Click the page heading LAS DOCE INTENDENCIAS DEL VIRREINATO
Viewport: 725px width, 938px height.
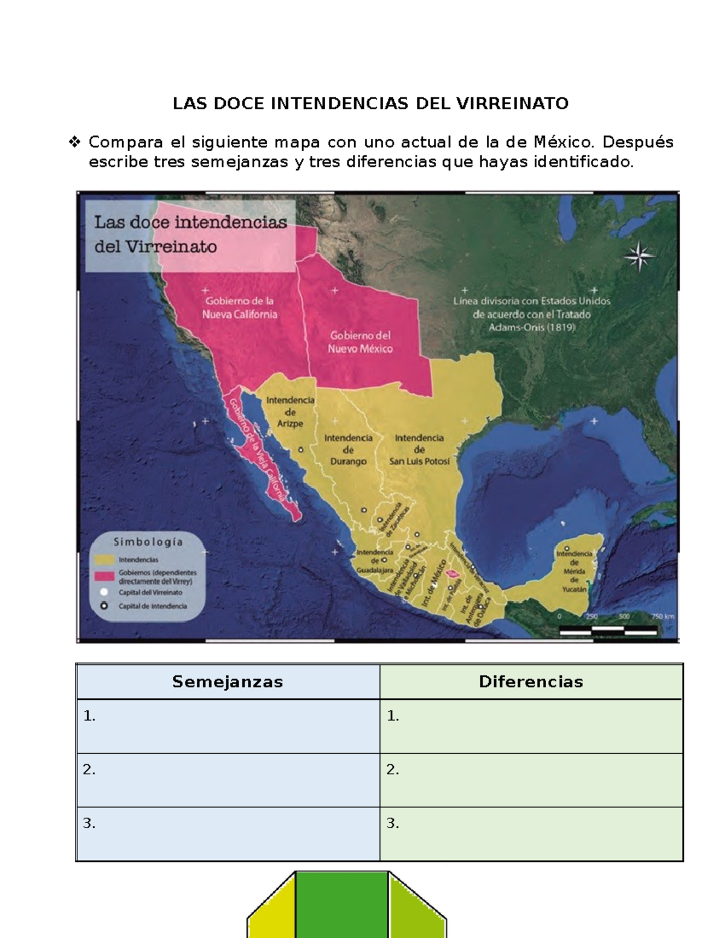point(370,104)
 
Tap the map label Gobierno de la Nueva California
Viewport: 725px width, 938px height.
point(239,307)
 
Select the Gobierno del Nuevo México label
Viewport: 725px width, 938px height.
point(360,342)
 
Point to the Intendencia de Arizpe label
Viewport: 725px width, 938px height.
point(290,411)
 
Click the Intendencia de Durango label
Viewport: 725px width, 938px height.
point(348,449)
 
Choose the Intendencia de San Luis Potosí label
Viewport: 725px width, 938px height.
point(419,449)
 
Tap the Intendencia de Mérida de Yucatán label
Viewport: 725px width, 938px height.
point(574,571)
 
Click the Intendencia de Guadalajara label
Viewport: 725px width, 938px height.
point(375,561)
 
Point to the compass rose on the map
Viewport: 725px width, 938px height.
point(639,257)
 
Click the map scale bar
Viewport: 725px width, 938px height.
point(608,630)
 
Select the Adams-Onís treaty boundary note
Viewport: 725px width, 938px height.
point(532,314)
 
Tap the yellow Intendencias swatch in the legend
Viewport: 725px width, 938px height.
point(105,560)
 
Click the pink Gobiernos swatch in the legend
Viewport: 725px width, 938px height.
point(105,576)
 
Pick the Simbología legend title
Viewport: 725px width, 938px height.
point(148,542)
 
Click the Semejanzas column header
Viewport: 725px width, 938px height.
point(228,682)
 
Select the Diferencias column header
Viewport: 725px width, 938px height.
point(531,682)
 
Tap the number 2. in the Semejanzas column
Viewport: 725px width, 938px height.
point(89,769)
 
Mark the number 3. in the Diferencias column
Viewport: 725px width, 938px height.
point(393,823)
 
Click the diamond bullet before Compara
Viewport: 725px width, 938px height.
point(75,143)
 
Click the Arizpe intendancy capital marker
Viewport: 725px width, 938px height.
point(300,450)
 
